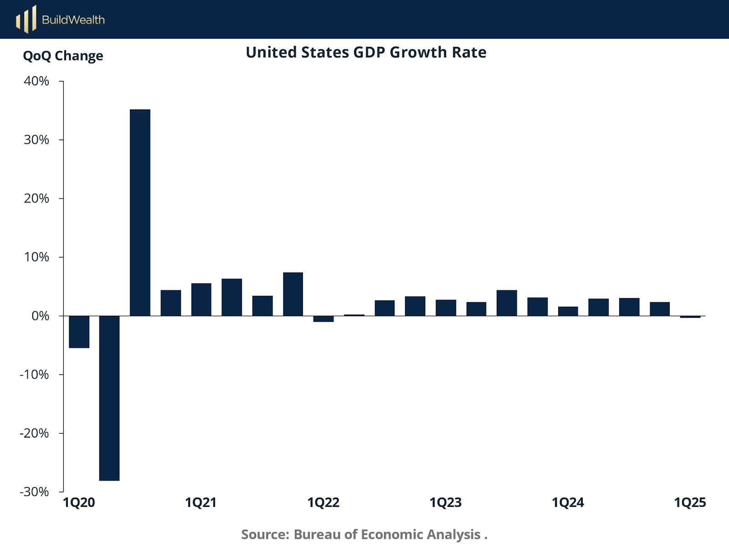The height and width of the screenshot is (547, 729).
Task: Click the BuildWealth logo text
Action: coord(73,20)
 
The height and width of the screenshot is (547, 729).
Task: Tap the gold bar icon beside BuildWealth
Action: coord(26,20)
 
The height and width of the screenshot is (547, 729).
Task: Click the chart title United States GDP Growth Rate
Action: coord(366,52)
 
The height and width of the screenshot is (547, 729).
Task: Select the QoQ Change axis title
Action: coord(63,56)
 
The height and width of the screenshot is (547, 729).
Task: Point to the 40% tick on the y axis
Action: coord(36,81)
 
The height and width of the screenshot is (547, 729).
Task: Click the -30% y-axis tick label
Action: coord(34,492)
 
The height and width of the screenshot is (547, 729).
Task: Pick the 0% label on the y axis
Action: coord(40,316)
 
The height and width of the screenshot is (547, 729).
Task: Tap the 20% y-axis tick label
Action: coord(36,199)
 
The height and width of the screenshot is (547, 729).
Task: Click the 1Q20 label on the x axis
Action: coord(79,503)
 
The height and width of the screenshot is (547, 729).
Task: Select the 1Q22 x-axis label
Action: coord(323,503)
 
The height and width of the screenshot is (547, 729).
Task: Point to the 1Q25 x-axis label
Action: coord(690,503)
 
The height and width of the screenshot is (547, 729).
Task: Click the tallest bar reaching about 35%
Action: coord(140,212)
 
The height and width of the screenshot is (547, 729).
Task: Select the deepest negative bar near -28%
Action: coord(109,398)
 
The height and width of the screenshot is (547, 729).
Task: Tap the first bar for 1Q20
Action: coord(79,332)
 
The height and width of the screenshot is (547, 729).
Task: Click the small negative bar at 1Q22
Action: coord(323,319)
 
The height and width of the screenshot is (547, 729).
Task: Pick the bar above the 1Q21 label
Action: coord(201,299)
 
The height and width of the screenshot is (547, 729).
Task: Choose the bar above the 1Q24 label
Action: coord(568,311)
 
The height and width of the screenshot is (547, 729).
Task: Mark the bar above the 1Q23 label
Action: coord(446,308)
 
